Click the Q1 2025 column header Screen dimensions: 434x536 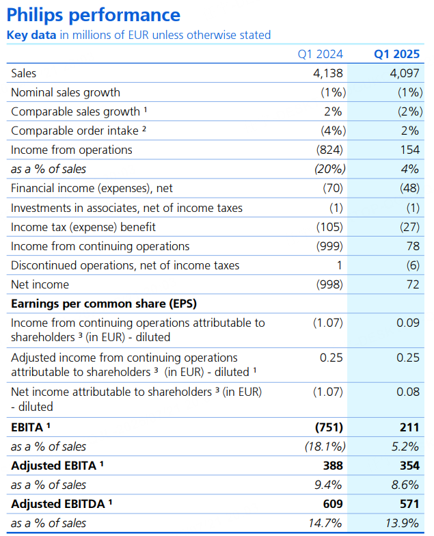click(396, 54)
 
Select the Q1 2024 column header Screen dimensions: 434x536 click(320, 54)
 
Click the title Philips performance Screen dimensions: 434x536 click(93, 15)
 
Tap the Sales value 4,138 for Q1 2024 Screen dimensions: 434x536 click(328, 73)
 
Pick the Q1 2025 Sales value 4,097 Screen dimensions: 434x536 click(405, 73)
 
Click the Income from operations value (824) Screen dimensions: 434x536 click(329, 150)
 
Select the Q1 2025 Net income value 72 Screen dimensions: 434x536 click(413, 284)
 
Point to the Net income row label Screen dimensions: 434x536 click(40, 284)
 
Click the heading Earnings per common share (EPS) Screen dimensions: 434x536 click(104, 304)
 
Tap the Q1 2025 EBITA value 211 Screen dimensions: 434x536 click(409, 427)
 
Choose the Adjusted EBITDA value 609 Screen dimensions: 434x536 click(333, 504)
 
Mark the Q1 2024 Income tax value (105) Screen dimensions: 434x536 click(329, 227)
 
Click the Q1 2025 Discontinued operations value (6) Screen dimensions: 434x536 click(413, 265)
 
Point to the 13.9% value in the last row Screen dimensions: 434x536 click(402, 523)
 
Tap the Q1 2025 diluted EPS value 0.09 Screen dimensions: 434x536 click(407, 323)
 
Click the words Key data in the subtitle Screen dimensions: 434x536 click(31, 35)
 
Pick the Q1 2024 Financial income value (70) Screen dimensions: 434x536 click(333, 188)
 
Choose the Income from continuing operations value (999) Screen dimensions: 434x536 click(329, 246)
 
